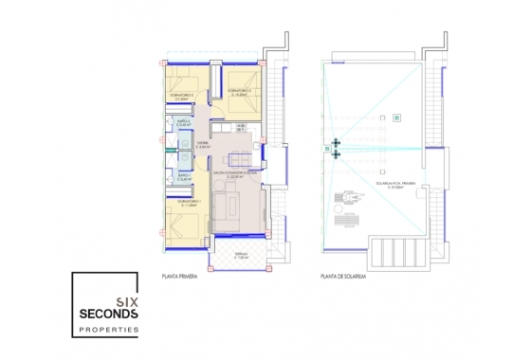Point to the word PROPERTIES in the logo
(108, 331)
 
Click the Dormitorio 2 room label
(183, 95)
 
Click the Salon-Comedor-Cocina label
(235, 175)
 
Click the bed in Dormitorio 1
(180, 225)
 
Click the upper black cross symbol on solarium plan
(335, 144)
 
